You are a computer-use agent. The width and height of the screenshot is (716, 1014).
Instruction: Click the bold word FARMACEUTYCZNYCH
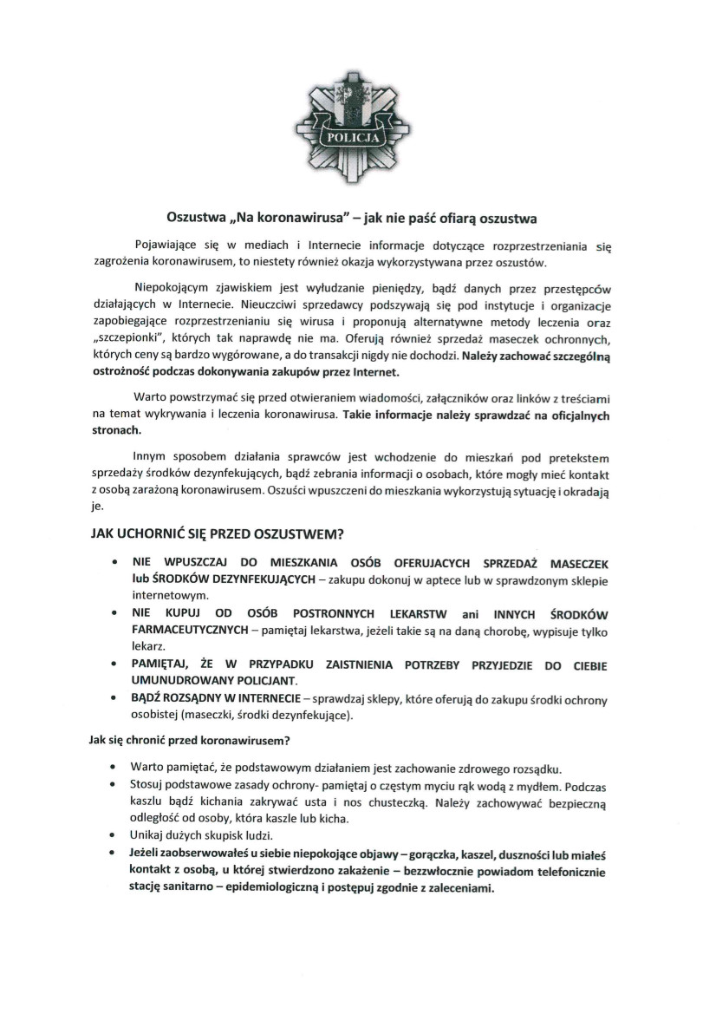tap(192, 629)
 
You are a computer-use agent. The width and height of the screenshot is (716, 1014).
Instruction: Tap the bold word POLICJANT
tap(260, 679)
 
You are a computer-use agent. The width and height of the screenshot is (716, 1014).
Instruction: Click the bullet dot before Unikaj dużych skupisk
tap(115, 837)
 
